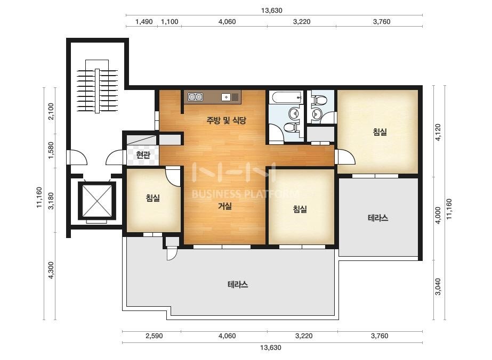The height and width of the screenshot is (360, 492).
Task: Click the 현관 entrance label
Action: (143, 154)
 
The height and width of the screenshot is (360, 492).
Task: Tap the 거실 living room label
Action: (225, 206)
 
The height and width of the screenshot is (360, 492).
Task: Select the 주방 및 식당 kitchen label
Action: (226, 120)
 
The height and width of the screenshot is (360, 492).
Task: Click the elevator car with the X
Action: (97, 200)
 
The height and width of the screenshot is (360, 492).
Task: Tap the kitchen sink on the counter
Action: (226, 97)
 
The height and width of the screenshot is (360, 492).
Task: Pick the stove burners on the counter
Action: (195, 97)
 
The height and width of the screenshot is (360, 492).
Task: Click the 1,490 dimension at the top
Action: (144, 22)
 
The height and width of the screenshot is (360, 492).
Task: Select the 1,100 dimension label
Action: (170, 22)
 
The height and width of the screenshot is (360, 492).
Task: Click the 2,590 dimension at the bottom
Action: (154, 336)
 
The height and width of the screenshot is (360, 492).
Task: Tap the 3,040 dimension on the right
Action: (438, 287)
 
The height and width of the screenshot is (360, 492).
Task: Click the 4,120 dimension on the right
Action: (438, 132)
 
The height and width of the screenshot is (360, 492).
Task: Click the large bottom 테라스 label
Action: (238, 284)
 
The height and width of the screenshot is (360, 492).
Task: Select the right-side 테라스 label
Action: (378, 218)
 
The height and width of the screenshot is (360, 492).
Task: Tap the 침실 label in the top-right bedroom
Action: (380, 132)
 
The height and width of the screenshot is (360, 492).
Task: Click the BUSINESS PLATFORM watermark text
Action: (245, 194)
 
